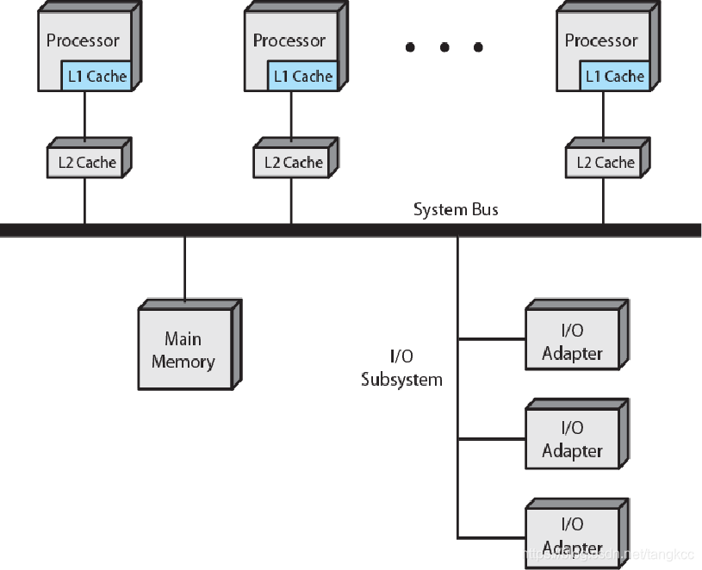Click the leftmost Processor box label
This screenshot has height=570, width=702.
tap(83, 40)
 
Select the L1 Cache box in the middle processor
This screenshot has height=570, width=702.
tap(302, 77)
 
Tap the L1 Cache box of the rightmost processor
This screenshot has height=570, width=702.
tap(614, 77)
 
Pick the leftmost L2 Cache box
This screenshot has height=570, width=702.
tap(86, 163)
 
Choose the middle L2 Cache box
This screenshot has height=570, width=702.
tap(293, 163)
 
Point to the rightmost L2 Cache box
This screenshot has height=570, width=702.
tap(605, 163)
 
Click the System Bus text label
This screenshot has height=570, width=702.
tap(456, 209)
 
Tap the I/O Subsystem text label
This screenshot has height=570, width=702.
tap(401, 368)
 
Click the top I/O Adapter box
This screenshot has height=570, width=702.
tap(572, 343)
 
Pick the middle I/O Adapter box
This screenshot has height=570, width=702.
tap(572, 439)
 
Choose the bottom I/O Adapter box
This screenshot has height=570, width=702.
tap(572, 536)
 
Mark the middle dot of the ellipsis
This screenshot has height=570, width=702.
tap(444, 47)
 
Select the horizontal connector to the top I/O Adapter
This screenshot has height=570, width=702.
tap(491, 339)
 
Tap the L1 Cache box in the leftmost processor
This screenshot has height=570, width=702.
tap(96, 77)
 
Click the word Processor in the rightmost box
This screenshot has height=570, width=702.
tap(601, 40)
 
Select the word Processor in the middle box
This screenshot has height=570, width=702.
tap(289, 40)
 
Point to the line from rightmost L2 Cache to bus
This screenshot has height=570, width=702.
tap(603, 201)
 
